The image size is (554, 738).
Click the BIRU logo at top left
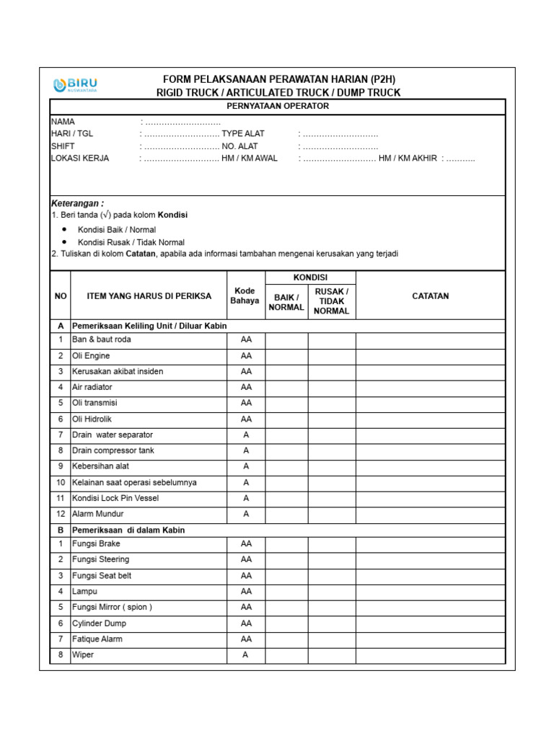[76, 85]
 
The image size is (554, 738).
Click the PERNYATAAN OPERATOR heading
[278, 106]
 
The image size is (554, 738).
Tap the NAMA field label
[63, 122]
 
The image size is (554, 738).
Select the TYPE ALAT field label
[243, 134]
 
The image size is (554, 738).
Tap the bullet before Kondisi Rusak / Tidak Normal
[65, 242]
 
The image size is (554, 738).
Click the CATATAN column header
[430, 295]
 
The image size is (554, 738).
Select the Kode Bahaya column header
[245, 295]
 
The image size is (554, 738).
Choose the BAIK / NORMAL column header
[286, 302]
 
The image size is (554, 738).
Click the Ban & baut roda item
[102, 339]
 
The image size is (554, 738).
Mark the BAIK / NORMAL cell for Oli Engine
[286, 355]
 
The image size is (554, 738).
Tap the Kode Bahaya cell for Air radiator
[246, 387]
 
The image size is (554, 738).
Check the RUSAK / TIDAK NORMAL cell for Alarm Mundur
[332, 514]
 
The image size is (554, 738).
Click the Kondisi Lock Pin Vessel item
[115, 498]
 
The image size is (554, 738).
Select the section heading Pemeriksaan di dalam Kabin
[128, 530]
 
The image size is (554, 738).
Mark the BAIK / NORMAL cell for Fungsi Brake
[286, 543]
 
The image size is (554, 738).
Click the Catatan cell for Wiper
[430, 655]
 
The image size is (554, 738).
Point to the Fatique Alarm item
[97, 639]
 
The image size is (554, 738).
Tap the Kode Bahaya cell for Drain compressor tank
[246, 450]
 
